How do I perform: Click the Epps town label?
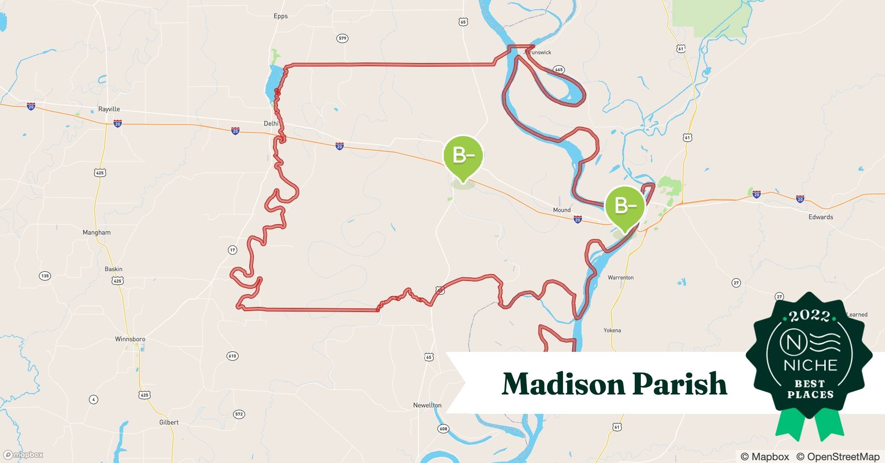pos(280,16)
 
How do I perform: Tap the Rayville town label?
pos(109,109)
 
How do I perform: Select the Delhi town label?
pos(271,124)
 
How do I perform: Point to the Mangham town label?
pos(96,232)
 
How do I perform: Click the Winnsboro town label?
pos(130,339)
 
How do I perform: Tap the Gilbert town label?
pos(169,422)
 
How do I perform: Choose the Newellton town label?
pos(427,405)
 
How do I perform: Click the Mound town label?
pos(562,210)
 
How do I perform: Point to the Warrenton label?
pos(620,278)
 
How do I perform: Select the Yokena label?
pos(612,331)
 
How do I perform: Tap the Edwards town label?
pos(821,217)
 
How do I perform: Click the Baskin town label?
pos(114,269)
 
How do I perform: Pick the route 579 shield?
pos(342,38)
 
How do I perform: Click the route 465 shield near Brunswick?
pos(558,70)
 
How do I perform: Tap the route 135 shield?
pos(44,276)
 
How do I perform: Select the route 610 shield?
pos(232,356)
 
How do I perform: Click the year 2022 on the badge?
pos(809,316)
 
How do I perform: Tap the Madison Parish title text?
pos(614,383)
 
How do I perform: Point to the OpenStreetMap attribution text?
pos(838,457)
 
